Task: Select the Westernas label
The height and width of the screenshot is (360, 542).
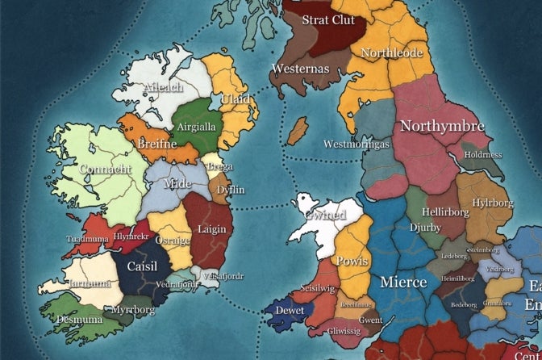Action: point(300,69)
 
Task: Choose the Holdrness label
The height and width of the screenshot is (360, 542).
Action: point(483,154)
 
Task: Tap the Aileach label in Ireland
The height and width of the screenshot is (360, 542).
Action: point(163,87)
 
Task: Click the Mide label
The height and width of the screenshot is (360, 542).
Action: point(177,183)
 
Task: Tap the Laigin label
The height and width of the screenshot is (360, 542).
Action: point(212,229)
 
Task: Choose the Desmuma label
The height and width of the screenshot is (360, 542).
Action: point(78,320)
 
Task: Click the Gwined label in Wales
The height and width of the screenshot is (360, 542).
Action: point(325,216)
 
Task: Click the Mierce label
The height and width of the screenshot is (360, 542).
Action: point(402,283)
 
